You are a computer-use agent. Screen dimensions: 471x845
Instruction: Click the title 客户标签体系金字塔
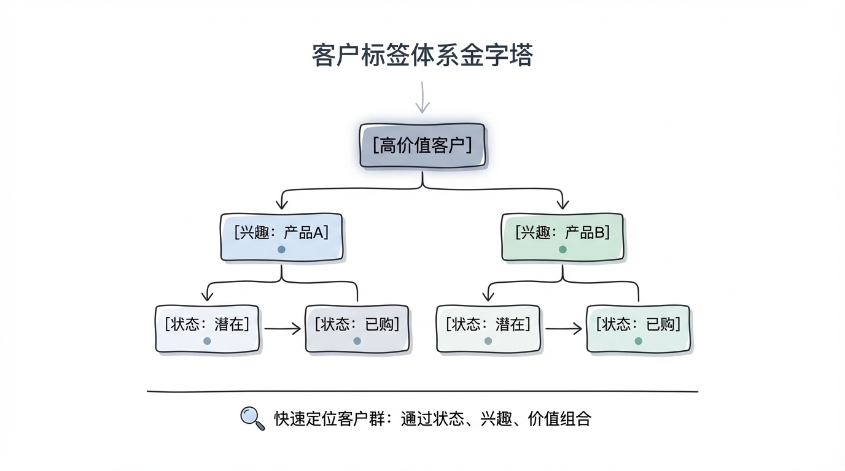pyautogui.click(x=422, y=55)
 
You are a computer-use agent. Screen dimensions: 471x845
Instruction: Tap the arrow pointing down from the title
pyautogui.click(x=422, y=98)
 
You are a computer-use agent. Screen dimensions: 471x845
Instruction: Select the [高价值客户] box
pyautogui.click(x=422, y=146)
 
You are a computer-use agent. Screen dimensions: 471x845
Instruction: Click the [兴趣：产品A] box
pyautogui.click(x=281, y=237)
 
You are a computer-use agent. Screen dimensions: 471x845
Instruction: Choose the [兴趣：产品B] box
pyautogui.click(x=563, y=237)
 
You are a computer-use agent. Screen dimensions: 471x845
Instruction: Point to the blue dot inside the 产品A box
pyautogui.click(x=281, y=250)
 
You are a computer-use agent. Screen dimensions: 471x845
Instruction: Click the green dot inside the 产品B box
pyautogui.click(x=563, y=250)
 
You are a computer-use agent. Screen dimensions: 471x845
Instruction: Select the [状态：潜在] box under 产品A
pyautogui.click(x=207, y=329)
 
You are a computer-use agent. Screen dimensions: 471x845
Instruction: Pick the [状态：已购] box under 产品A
pyautogui.click(x=357, y=329)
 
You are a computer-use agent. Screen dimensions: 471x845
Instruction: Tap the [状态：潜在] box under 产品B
pyautogui.click(x=488, y=329)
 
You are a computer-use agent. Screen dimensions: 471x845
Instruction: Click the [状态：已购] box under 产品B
pyautogui.click(x=638, y=329)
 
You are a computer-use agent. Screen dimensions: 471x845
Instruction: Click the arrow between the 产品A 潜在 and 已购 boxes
pyautogui.click(x=282, y=329)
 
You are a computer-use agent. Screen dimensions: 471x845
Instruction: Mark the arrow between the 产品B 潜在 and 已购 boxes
pyautogui.click(x=563, y=329)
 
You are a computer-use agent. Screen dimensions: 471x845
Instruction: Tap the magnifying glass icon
pyautogui.click(x=252, y=418)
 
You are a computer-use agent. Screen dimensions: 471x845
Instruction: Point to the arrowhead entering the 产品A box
pyautogui.click(x=281, y=205)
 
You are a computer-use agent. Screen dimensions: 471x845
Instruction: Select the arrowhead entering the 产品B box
pyautogui.click(x=563, y=205)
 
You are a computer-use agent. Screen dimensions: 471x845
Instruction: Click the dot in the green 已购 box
pyautogui.click(x=638, y=341)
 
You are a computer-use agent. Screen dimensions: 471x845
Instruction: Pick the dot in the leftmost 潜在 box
pyautogui.click(x=207, y=341)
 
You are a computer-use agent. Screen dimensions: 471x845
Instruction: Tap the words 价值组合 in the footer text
pyautogui.click(x=559, y=419)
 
